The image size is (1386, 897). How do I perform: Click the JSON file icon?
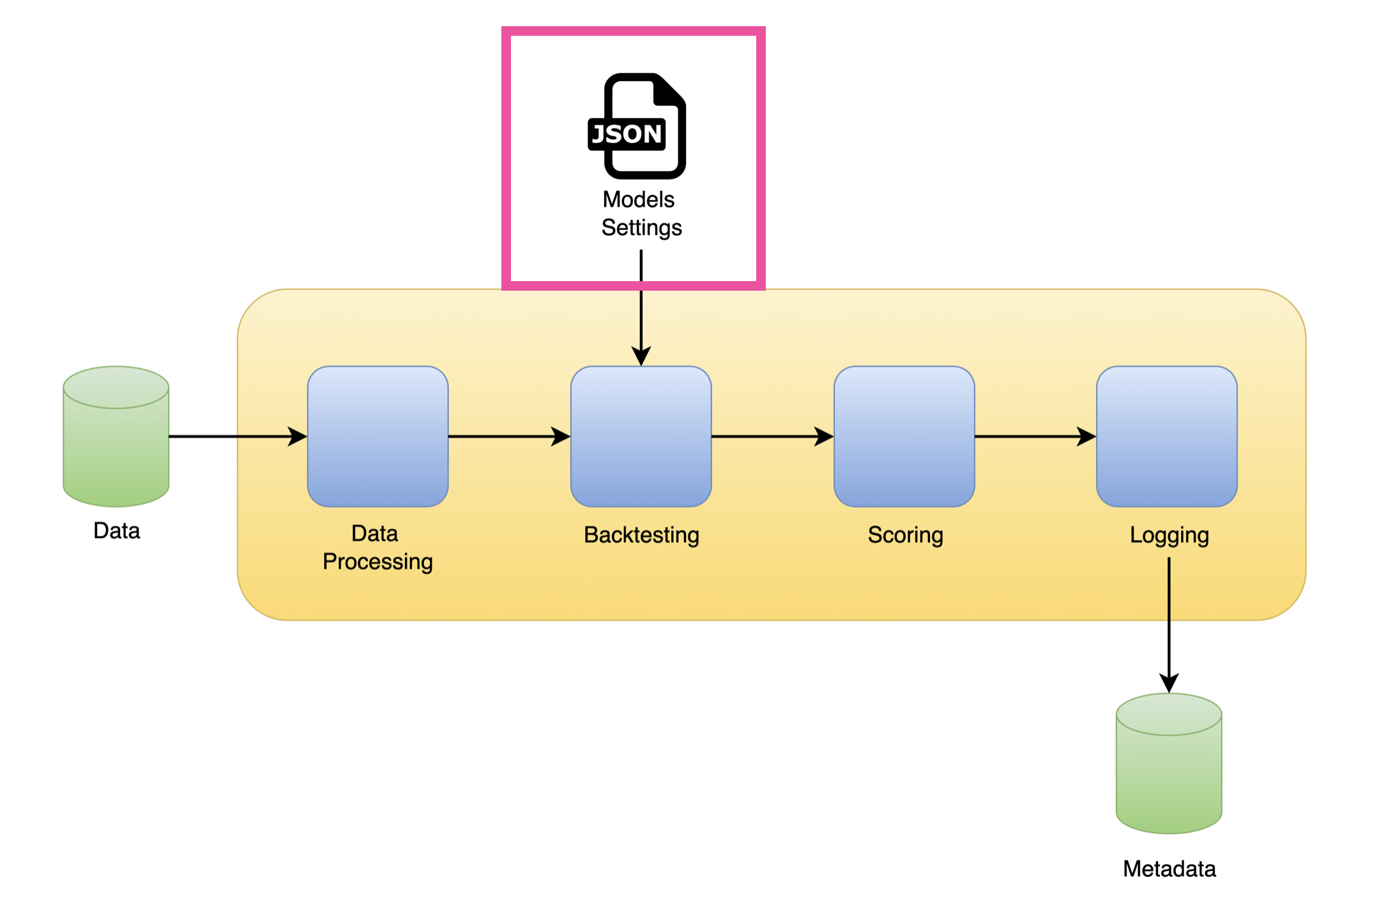coord(637,126)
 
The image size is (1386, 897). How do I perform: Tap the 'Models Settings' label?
coord(641,214)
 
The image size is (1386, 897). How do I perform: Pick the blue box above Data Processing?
coord(378,436)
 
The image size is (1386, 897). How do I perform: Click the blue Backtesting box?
coord(641,436)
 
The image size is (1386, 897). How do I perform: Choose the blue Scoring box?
coord(904,436)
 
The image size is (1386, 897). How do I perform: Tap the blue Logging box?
coord(1166,436)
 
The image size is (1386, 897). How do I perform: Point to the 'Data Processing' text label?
coord(377,548)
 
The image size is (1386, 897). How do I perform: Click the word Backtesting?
coord(641,535)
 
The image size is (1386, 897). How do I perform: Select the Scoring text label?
coord(905,535)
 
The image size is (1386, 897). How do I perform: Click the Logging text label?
coord(1169,535)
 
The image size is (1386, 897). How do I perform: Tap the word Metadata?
coord(1169,869)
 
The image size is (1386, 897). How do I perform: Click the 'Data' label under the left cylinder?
coord(116,531)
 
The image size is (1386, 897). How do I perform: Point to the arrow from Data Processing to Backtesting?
coord(508,437)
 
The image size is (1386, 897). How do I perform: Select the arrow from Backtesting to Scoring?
coord(772,437)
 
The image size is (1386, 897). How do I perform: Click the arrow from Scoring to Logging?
coord(1035,437)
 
